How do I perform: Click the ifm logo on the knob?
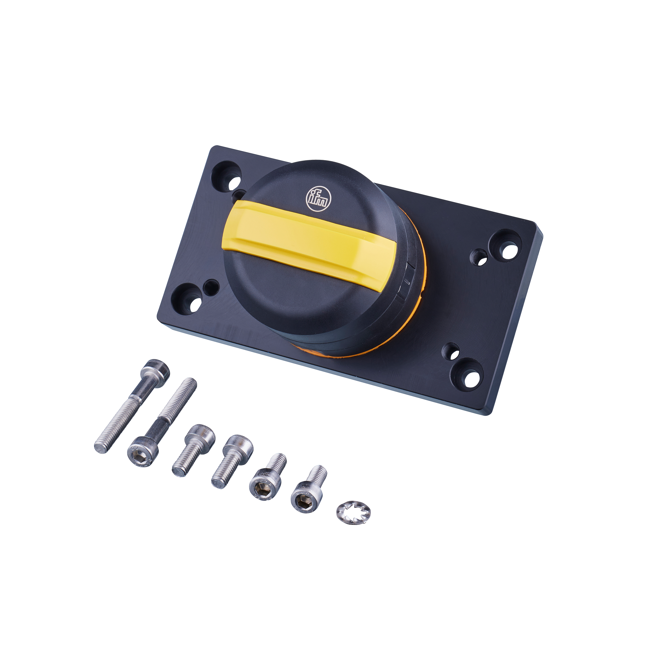coord(318,199)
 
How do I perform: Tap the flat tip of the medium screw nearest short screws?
coord(218,483)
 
